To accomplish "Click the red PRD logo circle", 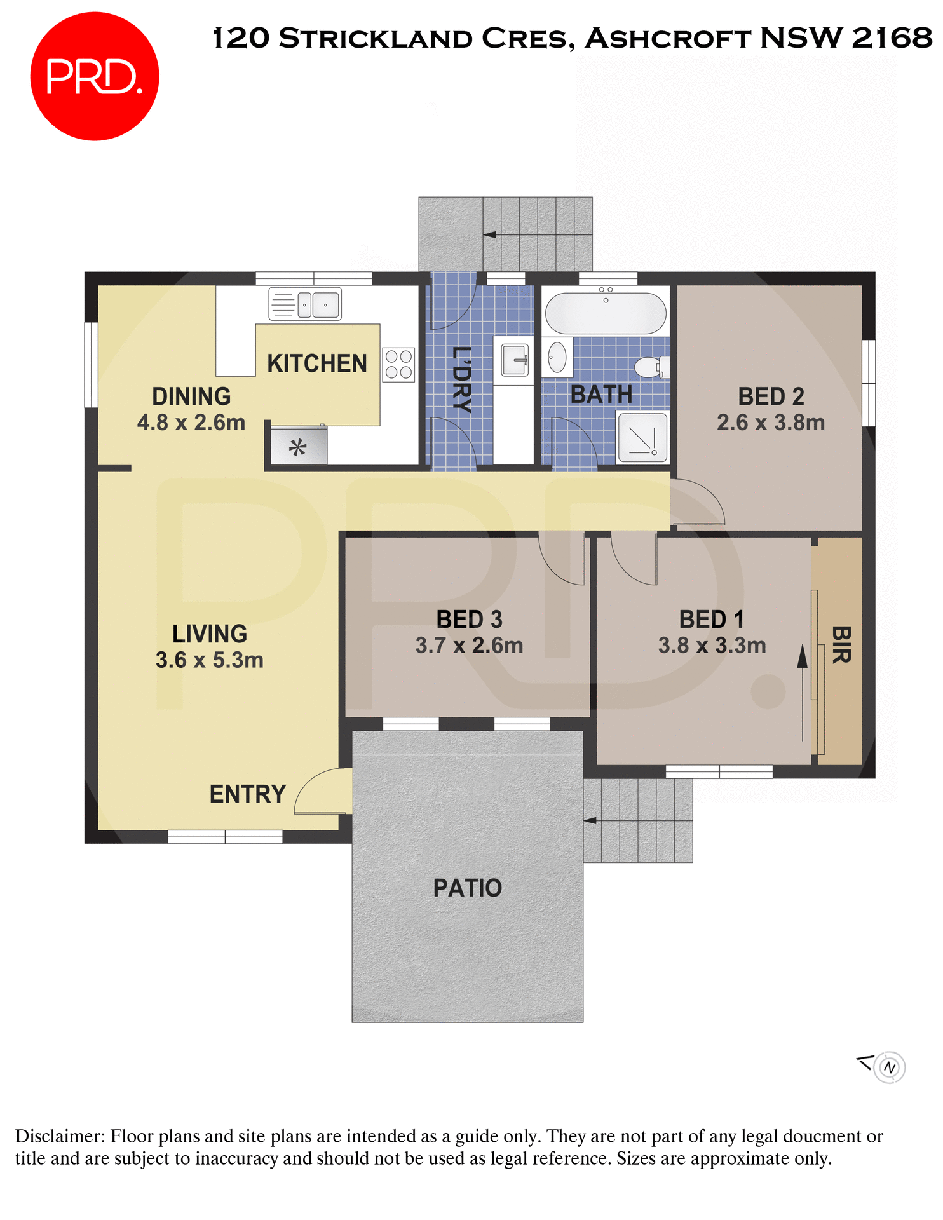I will coord(94,76).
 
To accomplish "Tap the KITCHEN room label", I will coord(316,364).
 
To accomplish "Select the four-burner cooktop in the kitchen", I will coord(398,365).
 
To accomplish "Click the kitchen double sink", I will coord(305,304).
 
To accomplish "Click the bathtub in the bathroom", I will coord(606,313).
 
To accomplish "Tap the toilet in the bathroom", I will coord(651,367).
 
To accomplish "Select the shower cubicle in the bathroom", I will coord(642,438).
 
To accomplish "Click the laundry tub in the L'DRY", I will coord(514,361).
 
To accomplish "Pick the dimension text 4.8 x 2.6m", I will coord(191,423).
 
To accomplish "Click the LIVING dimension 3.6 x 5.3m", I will coord(210,660).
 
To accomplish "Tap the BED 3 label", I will coord(469,620).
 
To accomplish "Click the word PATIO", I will coord(468,888).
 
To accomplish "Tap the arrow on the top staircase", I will coord(490,234).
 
